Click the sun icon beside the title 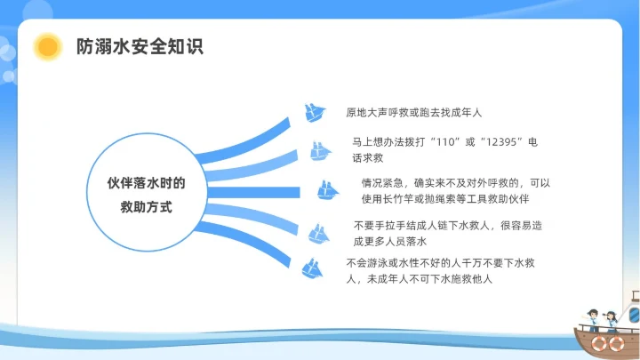coord(47,46)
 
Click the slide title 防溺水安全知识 coord(139,46)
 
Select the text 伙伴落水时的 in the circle coord(146,183)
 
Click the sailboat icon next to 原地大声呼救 coord(315,113)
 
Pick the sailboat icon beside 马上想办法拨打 coord(321,151)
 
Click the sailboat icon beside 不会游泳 coord(311,268)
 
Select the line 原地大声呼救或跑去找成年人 coord(413,113)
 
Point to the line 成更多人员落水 coord(391,241)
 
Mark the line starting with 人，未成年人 coord(419,278)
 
